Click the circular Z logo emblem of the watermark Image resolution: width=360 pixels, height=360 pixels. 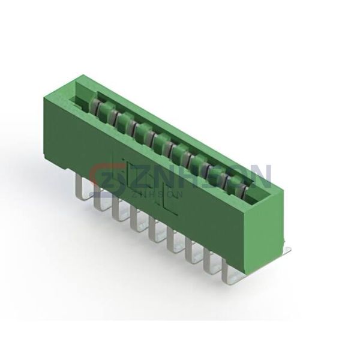106,180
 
